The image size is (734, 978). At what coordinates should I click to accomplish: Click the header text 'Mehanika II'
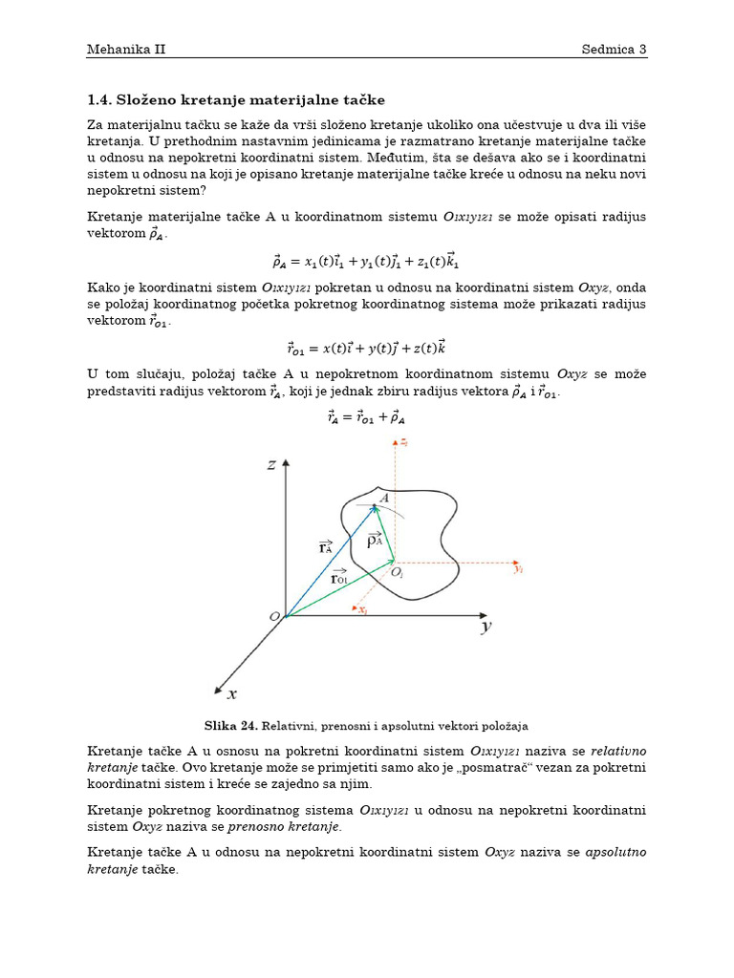[x=126, y=49]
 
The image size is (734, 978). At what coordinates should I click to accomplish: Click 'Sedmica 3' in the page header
[x=615, y=49]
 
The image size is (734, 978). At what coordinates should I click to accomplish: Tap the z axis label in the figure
[x=271, y=465]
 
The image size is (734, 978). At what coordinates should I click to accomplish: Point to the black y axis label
[x=486, y=627]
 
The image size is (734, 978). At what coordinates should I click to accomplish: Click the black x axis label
[x=231, y=694]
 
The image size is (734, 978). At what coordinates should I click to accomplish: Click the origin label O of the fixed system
[x=274, y=617]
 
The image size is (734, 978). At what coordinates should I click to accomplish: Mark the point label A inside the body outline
[x=384, y=499]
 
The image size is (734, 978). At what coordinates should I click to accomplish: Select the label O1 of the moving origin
[x=399, y=572]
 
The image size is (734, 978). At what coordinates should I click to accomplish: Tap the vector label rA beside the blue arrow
[x=326, y=547]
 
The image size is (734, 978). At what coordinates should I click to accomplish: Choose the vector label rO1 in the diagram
[x=338, y=578]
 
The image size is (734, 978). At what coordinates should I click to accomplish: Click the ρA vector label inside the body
[x=375, y=539]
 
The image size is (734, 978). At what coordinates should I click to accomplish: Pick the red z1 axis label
[x=404, y=443]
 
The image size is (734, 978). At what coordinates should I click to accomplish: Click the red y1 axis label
[x=518, y=568]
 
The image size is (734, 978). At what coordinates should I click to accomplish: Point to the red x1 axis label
[x=363, y=609]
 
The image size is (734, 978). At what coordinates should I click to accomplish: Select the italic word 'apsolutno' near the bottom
[x=615, y=852]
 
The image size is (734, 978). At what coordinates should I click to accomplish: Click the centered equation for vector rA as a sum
[x=366, y=416]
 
